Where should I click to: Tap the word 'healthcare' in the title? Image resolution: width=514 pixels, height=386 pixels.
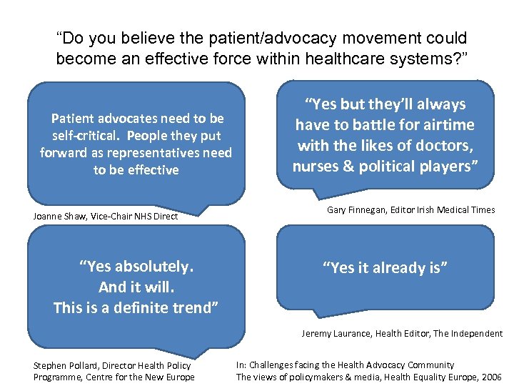tap(338, 59)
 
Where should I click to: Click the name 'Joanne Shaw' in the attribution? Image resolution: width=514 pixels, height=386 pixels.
tap(60, 216)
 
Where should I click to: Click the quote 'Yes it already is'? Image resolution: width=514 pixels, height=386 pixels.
tap(385, 268)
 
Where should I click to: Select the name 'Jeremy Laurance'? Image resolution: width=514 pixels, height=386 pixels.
tap(335, 333)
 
